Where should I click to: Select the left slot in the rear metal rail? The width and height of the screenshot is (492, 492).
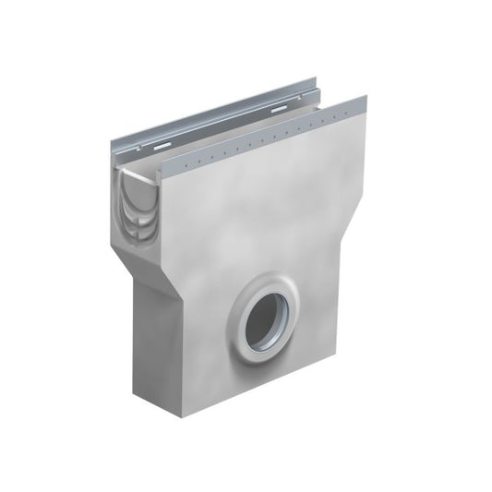tap(162, 146)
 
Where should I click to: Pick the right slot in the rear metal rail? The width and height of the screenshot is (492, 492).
tap(278, 110)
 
